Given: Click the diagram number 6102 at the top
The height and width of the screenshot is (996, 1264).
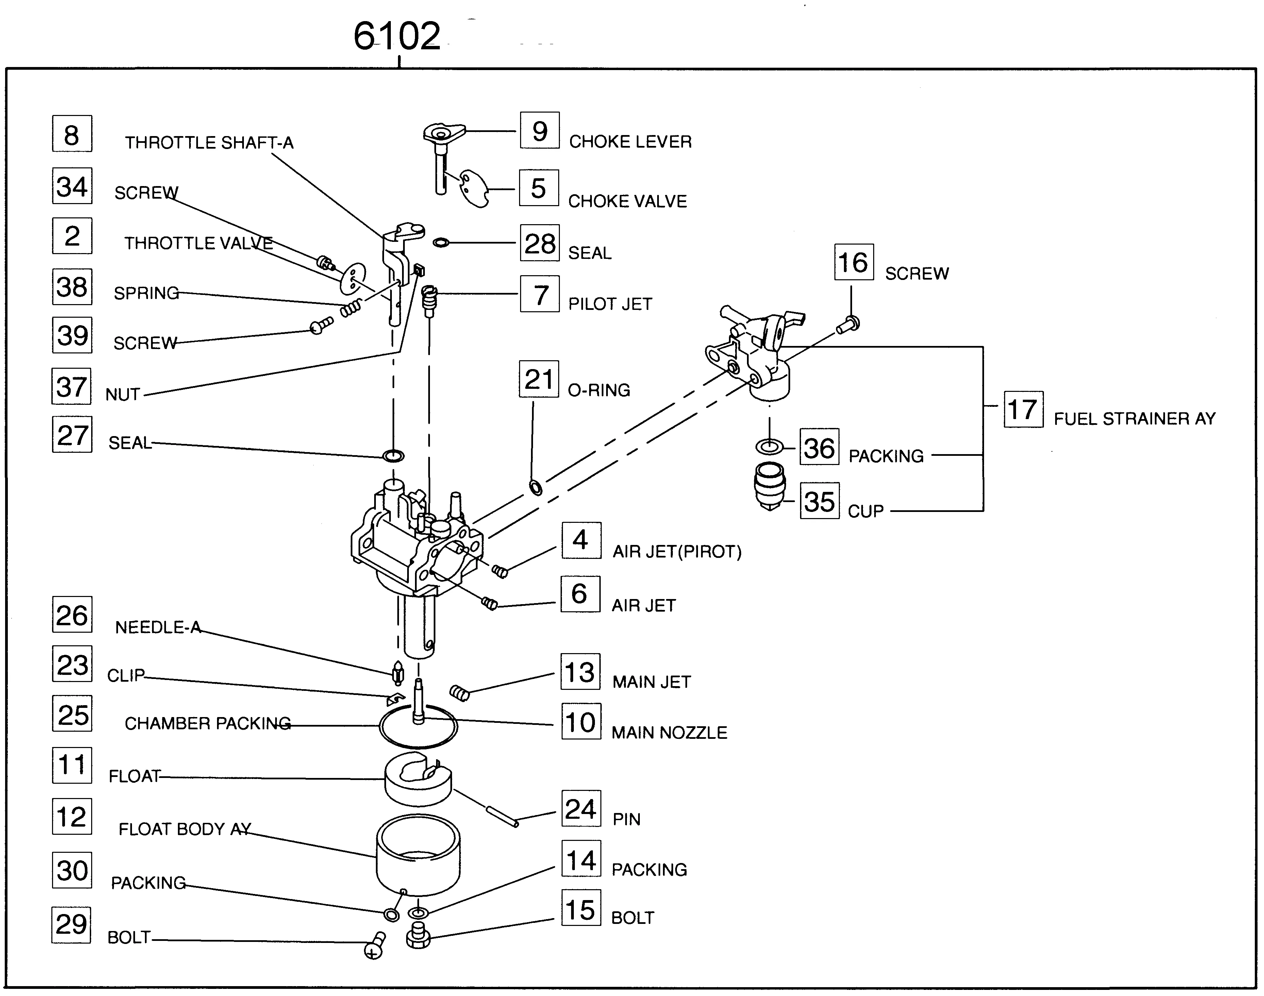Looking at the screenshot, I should tap(397, 36).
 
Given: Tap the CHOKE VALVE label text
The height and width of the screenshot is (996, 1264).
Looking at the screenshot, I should tap(627, 201).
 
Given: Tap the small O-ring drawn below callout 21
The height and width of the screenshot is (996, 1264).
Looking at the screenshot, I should tap(535, 487).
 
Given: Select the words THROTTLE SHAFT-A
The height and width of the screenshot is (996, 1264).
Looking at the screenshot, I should tap(209, 143).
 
